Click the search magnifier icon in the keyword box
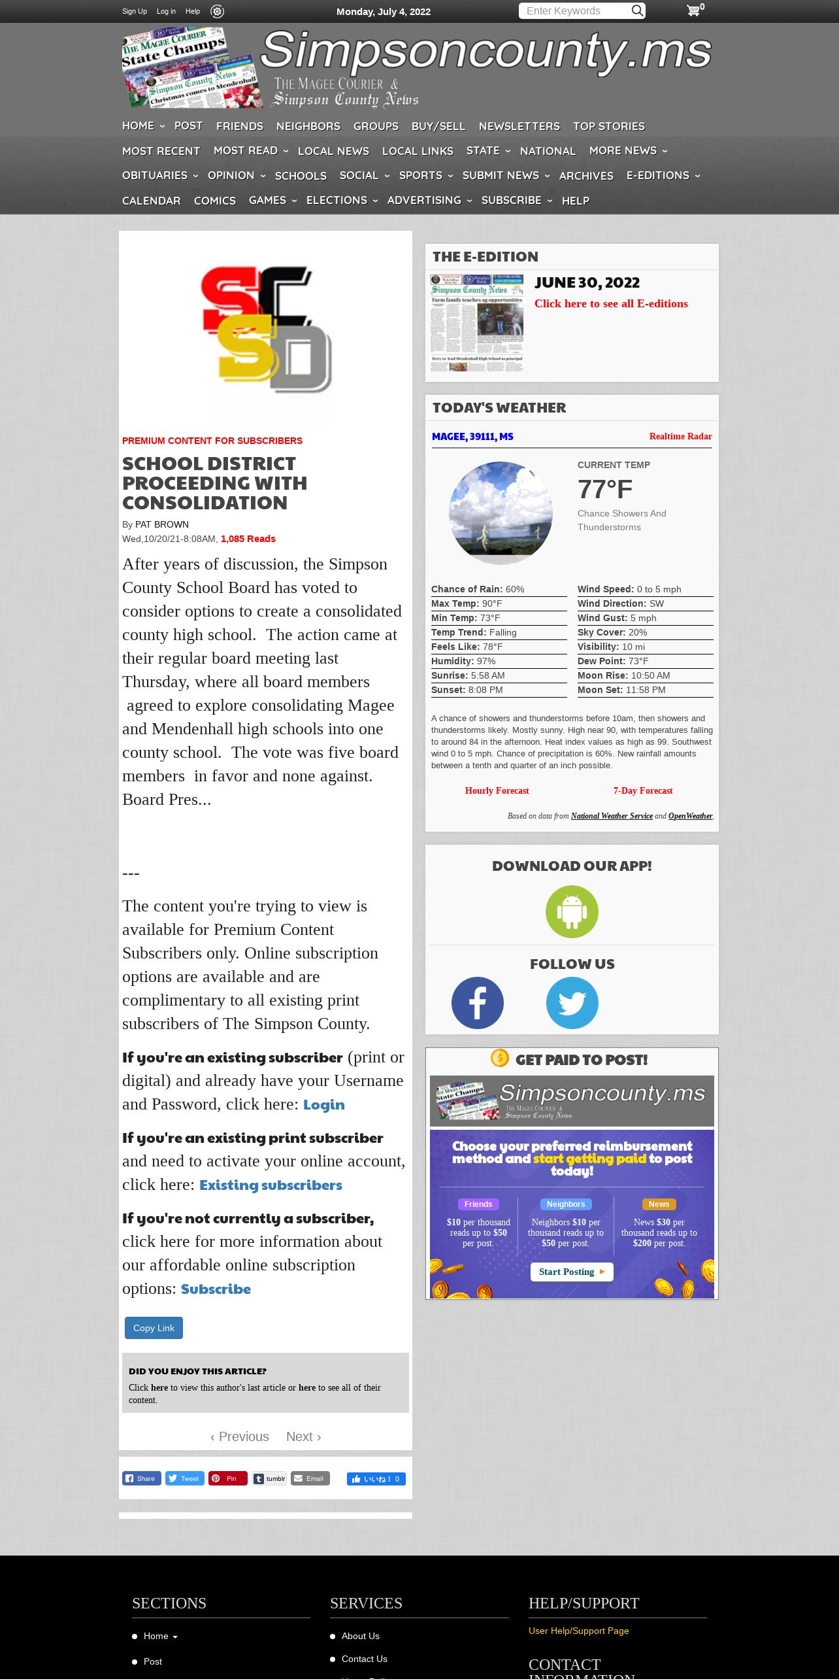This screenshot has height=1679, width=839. coord(637,10)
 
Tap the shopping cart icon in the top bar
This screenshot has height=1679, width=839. coord(693,10)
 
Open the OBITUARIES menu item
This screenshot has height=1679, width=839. coord(155,175)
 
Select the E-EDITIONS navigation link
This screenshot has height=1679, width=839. coord(657,175)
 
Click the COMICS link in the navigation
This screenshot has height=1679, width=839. coord(214,201)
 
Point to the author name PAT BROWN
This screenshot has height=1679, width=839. coord(162,524)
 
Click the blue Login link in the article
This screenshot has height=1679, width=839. coord(323,1105)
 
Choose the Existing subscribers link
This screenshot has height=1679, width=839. coord(271,1185)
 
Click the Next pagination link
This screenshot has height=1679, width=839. coord(303,1436)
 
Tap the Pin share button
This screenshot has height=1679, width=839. coord(227,1478)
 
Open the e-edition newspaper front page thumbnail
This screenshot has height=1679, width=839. coord(477,323)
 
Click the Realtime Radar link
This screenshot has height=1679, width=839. coord(680,436)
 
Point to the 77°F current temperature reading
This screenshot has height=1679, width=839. coord(604,489)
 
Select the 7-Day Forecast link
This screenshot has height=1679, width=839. coord(642,790)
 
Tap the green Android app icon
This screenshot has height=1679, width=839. coord(572,911)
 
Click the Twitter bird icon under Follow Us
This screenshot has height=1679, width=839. coord(572,1003)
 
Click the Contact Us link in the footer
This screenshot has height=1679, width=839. coord(364,1659)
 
